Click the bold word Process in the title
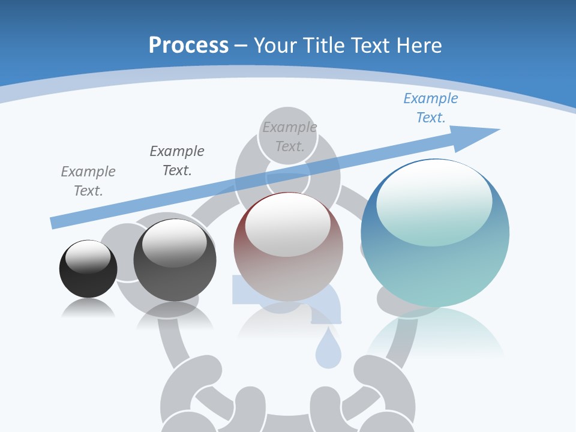pyautogui.click(x=188, y=46)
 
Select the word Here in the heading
pyautogui.click(x=420, y=46)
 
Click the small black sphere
pyautogui.click(x=88, y=269)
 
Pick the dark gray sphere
pyautogui.click(x=175, y=261)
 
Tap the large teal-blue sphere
pyautogui.click(x=435, y=234)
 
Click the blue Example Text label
pyautogui.click(x=431, y=108)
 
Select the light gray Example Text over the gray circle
pyautogui.click(x=290, y=136)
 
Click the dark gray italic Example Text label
pyautogui.click(x=177, y=160)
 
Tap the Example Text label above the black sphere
pyautogui.click(x=88, y=181)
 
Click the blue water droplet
pyautogui.click(x=328, y=351)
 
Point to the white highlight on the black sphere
pyautogui.click(x=88, y=257)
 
